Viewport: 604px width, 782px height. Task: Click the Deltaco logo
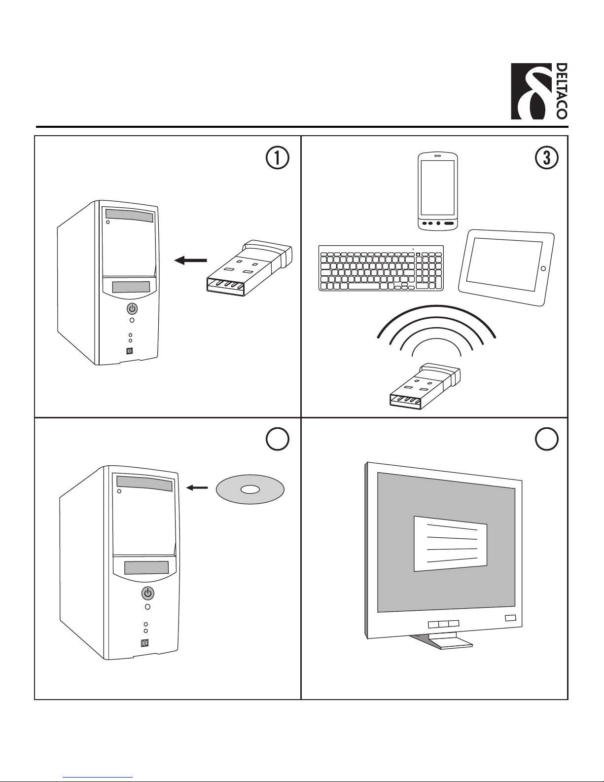pyautogui.click(x=538, y=91)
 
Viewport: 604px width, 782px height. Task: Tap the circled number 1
pyautogui.click(x=277, y=158)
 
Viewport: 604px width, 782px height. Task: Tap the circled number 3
pyautogui.click(x=546, y=158)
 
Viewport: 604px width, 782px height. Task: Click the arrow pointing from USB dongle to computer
pyautogui.click(x=191, y=261)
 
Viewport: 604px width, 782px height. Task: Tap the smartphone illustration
pyautogui.click(x=438, y=191)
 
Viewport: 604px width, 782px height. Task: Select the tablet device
pyautogui.click(x=506, y=268)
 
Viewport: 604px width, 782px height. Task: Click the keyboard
pyautogui.click(x=381, y=268)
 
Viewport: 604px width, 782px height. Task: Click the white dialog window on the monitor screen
pyautogui.click(x=450, y=544)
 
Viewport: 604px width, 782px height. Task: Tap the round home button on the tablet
pyautogui.click(x=543, y=268)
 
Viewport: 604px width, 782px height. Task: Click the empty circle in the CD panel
pyautogui.click(x=277, y=439)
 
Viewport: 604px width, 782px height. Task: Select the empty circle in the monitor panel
pyautogui.click(x=546, y=439)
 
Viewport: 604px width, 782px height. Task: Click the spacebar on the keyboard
pyautogui.click(x=364, y=286)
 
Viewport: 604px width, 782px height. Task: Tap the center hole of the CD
pyautogui.click(x=250, y=489)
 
